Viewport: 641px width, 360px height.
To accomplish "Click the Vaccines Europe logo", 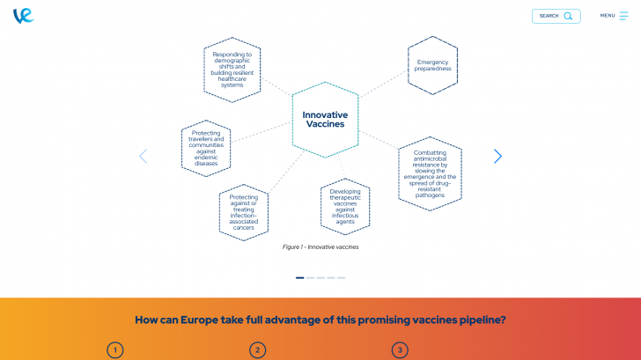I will coord(23,16).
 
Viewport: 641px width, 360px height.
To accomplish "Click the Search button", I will coord(556,16).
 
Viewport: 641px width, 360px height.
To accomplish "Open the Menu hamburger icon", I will coord(623,16).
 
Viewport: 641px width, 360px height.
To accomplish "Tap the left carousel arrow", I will coord(144,156).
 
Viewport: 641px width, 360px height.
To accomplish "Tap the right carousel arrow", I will coord(497,156).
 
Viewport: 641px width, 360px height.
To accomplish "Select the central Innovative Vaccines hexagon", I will coord(325,120).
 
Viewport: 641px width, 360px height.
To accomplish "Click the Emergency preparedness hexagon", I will coord(433,65).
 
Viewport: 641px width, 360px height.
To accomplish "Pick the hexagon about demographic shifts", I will coord(232,70).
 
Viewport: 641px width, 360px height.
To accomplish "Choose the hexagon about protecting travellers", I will coord(206,148).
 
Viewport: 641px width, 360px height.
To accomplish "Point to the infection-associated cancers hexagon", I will coord(244,212).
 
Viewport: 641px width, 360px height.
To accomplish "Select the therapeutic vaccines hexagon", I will coord(345,206).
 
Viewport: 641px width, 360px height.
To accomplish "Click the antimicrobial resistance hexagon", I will coord(430,173).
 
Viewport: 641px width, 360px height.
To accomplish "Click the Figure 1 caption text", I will coord(320,247).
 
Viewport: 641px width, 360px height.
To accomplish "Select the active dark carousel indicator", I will coord(300,277).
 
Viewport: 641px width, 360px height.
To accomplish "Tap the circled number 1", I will coord(114,350).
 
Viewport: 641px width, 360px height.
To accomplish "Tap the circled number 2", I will coord(257,350).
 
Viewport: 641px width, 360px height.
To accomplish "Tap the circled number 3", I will coord(400,350).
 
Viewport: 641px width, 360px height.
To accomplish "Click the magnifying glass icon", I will coord(568,16).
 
